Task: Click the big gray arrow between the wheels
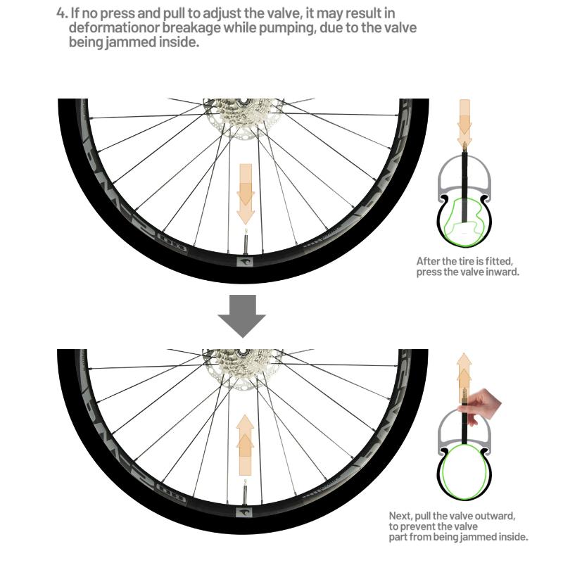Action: [241, 317]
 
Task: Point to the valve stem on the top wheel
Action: [246, 242]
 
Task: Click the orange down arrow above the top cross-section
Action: [464, 117]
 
